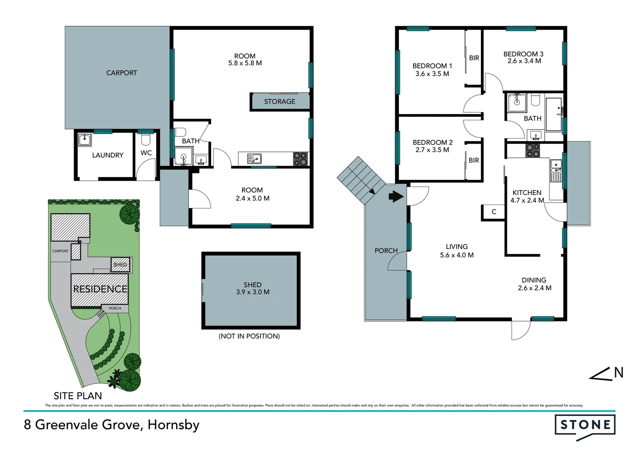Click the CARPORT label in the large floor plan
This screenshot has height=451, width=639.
(122, 73)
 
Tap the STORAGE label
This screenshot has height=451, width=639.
(279, 101)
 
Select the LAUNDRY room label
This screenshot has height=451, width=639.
(107, 155)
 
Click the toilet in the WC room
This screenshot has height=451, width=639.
(146, 139)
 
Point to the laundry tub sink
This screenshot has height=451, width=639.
(85, 139)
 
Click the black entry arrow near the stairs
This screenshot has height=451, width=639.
(396, 196)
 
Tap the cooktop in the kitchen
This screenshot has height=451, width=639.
(532, 150)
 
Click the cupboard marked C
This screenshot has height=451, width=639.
(493, 212)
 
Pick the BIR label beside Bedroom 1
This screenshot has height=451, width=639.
(474, 58)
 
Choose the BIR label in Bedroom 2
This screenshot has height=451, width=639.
(473, 160)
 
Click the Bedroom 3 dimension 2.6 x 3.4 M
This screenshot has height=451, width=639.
(524, 61)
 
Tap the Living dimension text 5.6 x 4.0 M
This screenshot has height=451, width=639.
(457, 255)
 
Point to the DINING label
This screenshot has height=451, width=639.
(534, 280)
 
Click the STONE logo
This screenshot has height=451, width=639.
(585, 425)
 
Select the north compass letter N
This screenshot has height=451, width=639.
(619, 372)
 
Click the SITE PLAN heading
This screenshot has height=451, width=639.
(78, 395)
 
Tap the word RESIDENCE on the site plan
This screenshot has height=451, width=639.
(100, 289)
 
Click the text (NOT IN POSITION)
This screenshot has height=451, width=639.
(249, 336)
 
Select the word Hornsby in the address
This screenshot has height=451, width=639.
(174, 425)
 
